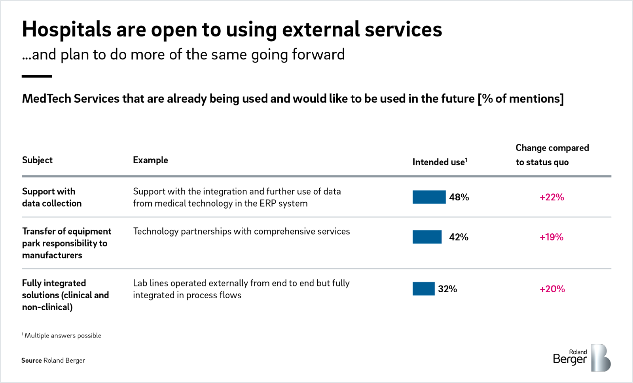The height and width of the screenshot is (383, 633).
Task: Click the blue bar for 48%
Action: (x=429, y=197)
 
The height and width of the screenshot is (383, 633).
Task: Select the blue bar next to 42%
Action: (x=427, y=237)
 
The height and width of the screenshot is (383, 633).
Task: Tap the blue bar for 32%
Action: (x=423, y=289)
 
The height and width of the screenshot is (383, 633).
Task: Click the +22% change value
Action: (x=552, y=197)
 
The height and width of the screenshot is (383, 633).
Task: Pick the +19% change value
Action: (x=552, y=237)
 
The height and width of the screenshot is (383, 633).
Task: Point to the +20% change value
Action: (x=552, y=289)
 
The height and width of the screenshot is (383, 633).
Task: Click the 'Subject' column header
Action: (x=37, y=160)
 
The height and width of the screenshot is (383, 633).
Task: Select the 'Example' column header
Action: (x=150, y=160)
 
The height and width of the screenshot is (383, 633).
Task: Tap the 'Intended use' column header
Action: (x=440, y=162)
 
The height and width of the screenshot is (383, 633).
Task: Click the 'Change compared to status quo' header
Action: (x=552, y=155)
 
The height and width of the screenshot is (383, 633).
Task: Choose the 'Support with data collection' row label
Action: (x=52, y=197)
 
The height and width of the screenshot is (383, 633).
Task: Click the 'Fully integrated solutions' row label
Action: (x=65, y=295)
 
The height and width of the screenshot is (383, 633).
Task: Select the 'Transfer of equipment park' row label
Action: (x=66, y=243)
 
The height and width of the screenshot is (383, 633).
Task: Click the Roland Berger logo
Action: (x=582, y=358)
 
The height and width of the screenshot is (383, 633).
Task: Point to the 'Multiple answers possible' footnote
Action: (x=62, y=335)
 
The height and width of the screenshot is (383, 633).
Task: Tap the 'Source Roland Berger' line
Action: (x=53, y=360)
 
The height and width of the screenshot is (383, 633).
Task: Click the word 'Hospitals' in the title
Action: (x=66, y=29)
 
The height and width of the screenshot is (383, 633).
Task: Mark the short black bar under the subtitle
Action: (x=37, y=76)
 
